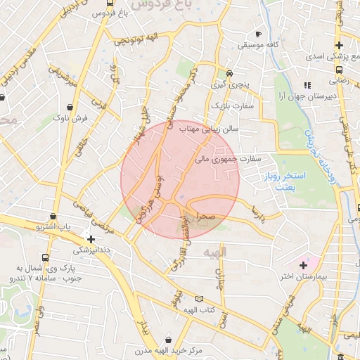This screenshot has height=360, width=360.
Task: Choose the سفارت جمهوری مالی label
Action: tap(229, 159)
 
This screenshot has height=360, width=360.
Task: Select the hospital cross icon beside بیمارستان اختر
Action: tap(303, 265)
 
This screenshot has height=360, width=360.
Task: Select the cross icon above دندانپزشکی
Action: tap(91, 238)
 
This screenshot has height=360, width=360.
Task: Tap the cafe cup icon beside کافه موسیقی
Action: tap(259, 34)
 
